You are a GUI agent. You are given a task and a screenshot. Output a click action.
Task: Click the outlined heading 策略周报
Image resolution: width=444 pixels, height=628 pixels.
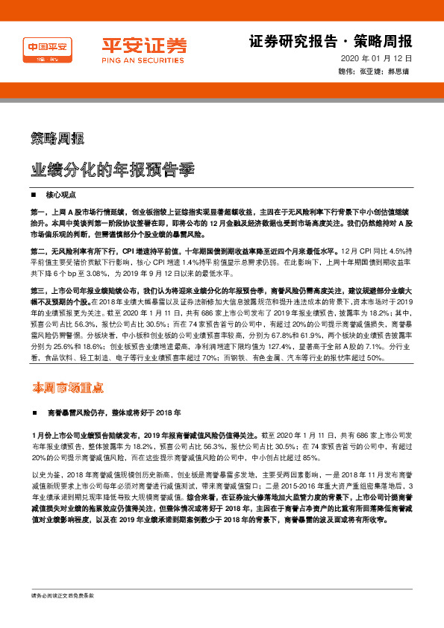pyautogui.click(x=57, y=138)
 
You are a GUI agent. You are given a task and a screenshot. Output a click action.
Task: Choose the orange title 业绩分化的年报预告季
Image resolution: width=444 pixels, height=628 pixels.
pyautogui.click(x=113, y=169)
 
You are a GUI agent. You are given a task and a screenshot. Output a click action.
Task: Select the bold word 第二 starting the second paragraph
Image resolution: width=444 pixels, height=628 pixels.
pyautogui.click(x=39, y=249)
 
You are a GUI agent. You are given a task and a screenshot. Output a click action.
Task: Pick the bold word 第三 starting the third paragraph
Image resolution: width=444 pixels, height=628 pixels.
pyautogui.click(x=39, y=289)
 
